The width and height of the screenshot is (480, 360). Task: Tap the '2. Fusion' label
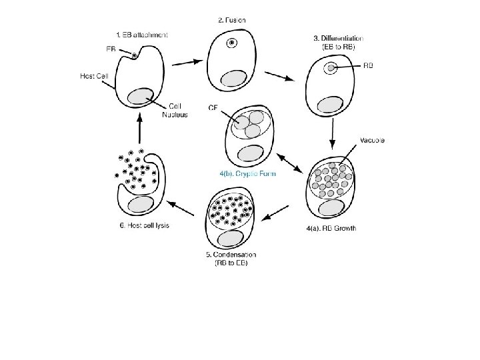point(231,20)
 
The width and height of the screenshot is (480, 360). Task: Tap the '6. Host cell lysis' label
point(144,225)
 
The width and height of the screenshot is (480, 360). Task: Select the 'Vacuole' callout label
point(372,140)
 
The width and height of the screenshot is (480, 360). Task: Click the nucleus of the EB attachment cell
point(141,97)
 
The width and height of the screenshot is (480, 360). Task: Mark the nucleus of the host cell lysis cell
point(141,203)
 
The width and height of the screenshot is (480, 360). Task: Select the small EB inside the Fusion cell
point(231,44)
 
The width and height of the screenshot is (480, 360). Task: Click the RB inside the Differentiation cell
point(331,67)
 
